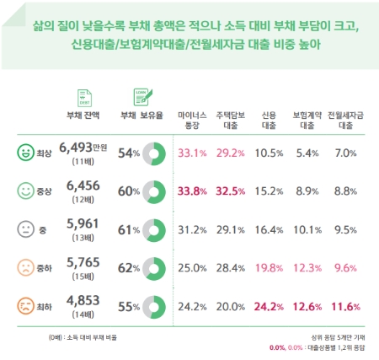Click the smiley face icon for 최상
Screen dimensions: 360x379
tap(25, 153)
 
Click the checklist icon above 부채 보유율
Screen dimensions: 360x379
tap(139, 95)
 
